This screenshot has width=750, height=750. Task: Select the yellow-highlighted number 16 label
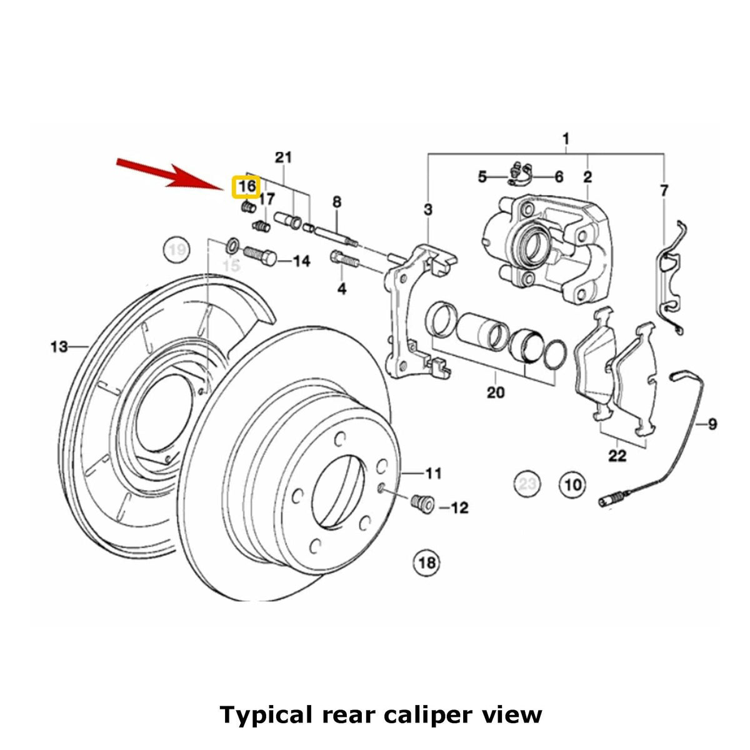click(x=247, y=186)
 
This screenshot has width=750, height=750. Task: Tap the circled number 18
click(x=426, y=562)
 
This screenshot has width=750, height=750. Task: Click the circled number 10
click(x=573, y=484)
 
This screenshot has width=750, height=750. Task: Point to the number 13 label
click(x=59, y=346)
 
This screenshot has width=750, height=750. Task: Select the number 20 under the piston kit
click(x=495, y=392)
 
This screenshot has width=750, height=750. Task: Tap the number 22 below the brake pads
click(x=617, y=456)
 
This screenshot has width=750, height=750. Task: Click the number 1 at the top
click(x=566, y=136)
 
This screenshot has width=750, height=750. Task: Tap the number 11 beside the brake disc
click(x=434, y=473)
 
